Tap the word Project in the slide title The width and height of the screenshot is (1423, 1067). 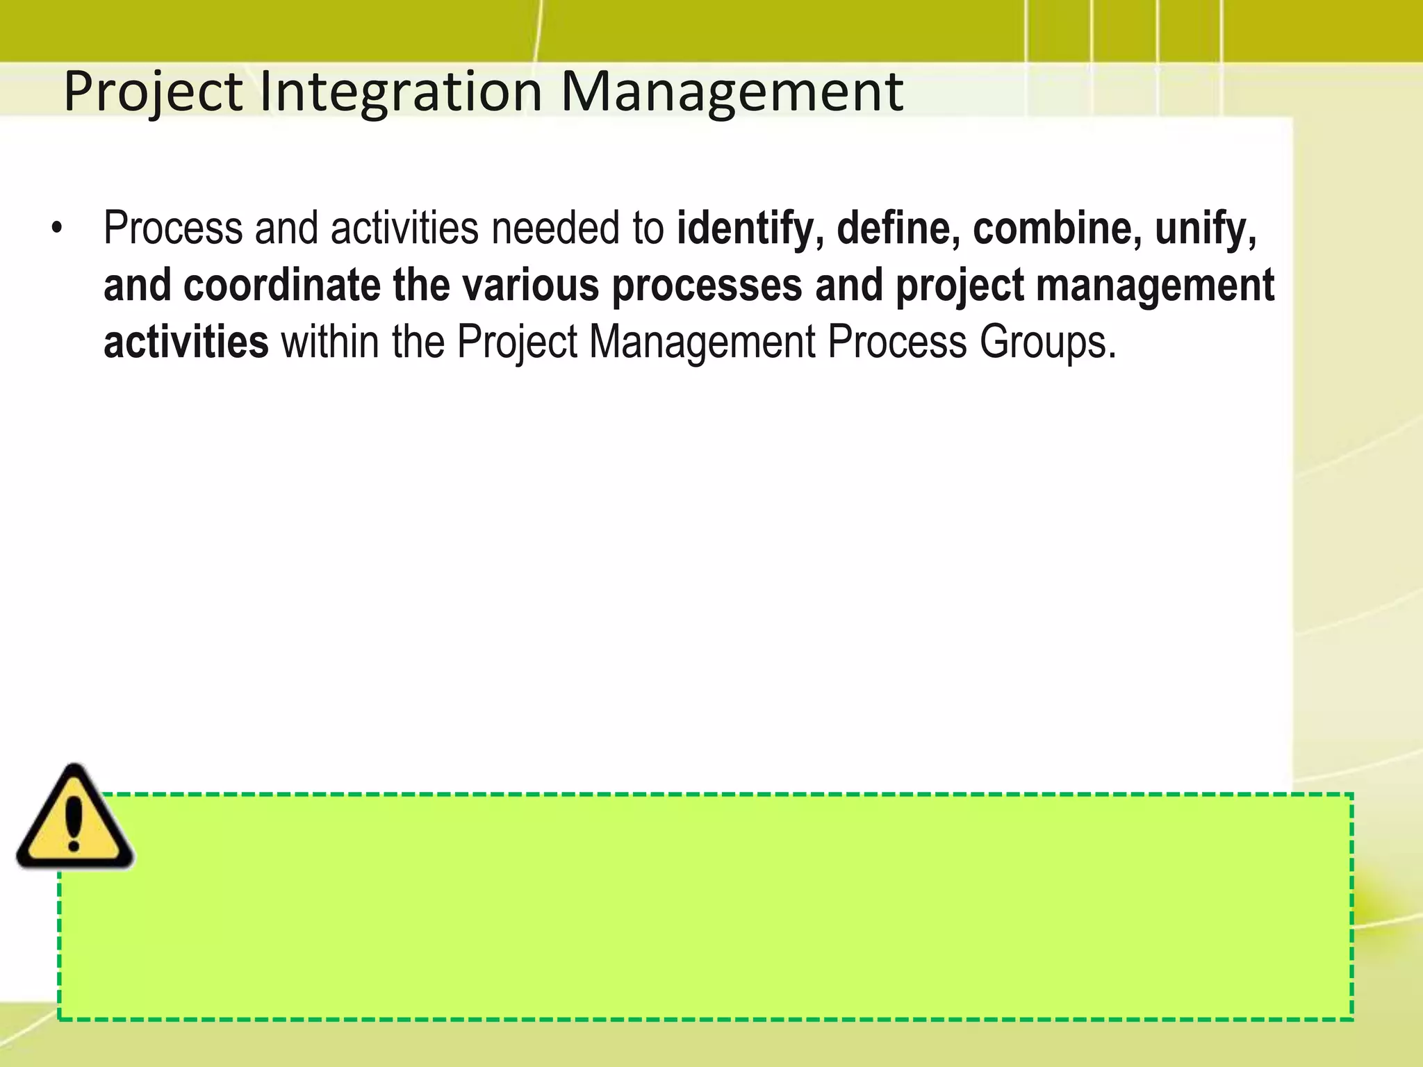153,92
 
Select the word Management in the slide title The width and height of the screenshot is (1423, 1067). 732,92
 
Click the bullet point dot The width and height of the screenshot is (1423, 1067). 57,229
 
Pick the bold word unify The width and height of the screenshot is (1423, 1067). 1206,229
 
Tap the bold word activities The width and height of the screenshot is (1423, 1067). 186,342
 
